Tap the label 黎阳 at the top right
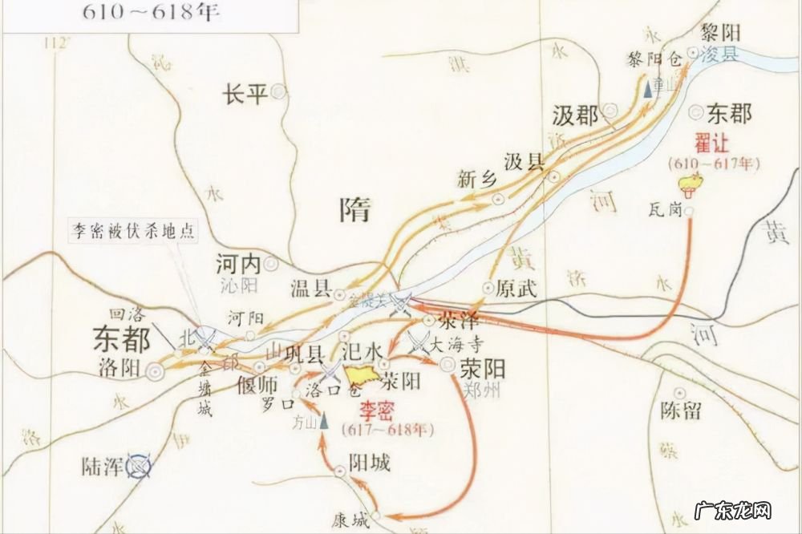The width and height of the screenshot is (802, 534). click(720, 33)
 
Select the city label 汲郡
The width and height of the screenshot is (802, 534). click(575, 115)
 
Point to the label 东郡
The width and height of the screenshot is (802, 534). click(730, 114)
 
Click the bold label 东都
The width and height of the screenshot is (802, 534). click(121, 339)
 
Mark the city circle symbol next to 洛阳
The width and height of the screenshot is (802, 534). click(153, 370)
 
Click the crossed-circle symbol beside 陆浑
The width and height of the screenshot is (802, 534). click(142, 464)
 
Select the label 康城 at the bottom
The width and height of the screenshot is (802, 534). click(354, 516)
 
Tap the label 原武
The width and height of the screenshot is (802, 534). click(516, 288)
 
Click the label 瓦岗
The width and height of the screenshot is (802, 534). click(666, 212)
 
